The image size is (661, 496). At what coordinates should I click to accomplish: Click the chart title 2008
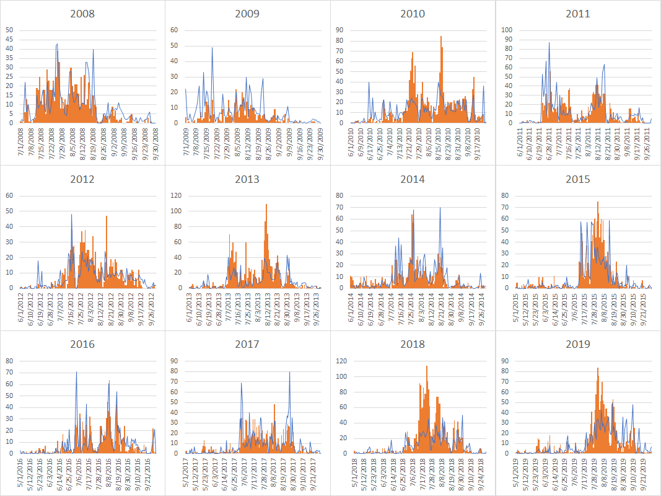click(x=82, y=14)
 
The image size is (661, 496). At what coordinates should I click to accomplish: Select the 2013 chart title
click(x=248, y=179)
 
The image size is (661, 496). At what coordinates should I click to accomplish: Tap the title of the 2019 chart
click(x=578, y=344)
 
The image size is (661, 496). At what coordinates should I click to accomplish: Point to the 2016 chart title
click(x=82, y=344)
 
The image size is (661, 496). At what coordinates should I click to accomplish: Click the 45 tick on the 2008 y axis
click(x=10, y=39)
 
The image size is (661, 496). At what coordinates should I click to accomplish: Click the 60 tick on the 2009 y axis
click(x=175, y=30)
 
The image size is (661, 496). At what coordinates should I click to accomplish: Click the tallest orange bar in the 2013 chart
click(x=266, y=206)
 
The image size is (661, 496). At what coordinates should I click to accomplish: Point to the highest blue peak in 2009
click(x=212, y=48)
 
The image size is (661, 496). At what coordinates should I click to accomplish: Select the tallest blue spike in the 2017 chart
click(x=289, y=373)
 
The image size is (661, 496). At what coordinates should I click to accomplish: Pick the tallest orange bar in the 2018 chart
click(x=426, y=367)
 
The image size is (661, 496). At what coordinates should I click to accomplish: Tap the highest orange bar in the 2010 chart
click(x=441, y=37)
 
